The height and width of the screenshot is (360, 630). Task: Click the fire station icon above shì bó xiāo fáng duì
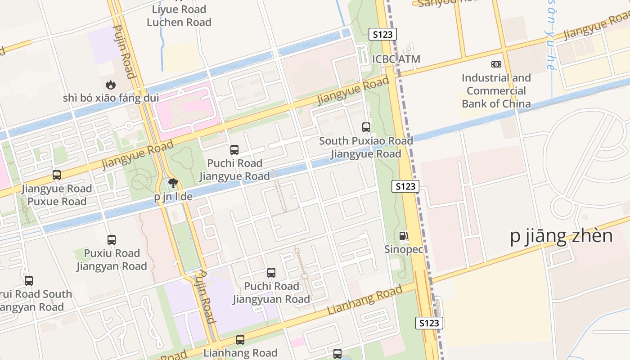(x=110, y=84)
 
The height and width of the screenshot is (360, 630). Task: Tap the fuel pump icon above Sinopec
(x=404, y=236)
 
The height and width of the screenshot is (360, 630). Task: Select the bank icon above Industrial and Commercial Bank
(x=496, y=64)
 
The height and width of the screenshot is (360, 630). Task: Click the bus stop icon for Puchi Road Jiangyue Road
(x=234, y=150)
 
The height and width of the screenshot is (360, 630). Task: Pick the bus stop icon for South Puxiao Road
(x=366, y=127)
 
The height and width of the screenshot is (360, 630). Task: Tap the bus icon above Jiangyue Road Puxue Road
(x=57, y=175)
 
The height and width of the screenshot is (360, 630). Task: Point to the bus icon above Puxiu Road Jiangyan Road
(x=112, y=240)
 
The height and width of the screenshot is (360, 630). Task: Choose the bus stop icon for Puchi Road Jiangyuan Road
(x=271, y=273)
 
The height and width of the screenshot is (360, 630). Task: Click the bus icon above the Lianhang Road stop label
(x=240, y=340)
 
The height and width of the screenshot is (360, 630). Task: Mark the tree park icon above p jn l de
(x=173, y=183)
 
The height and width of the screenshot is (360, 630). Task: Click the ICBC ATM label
(x=396, y=59)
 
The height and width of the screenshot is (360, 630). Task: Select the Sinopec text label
(x=404, y=249)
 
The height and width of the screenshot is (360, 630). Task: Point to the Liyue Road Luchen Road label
(x=179, y=16)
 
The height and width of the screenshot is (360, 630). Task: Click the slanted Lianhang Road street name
(x=364, y=300)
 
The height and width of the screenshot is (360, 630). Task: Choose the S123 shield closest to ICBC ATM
(x=382, y=34)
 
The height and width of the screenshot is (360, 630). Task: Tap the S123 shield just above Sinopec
(x=405, y=186)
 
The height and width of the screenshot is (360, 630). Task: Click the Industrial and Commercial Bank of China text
(x=496, y=91)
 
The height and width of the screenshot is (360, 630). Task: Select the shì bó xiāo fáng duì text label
(x=110, y=98)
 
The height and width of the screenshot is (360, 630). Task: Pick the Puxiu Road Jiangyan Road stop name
(x=112, y=260)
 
